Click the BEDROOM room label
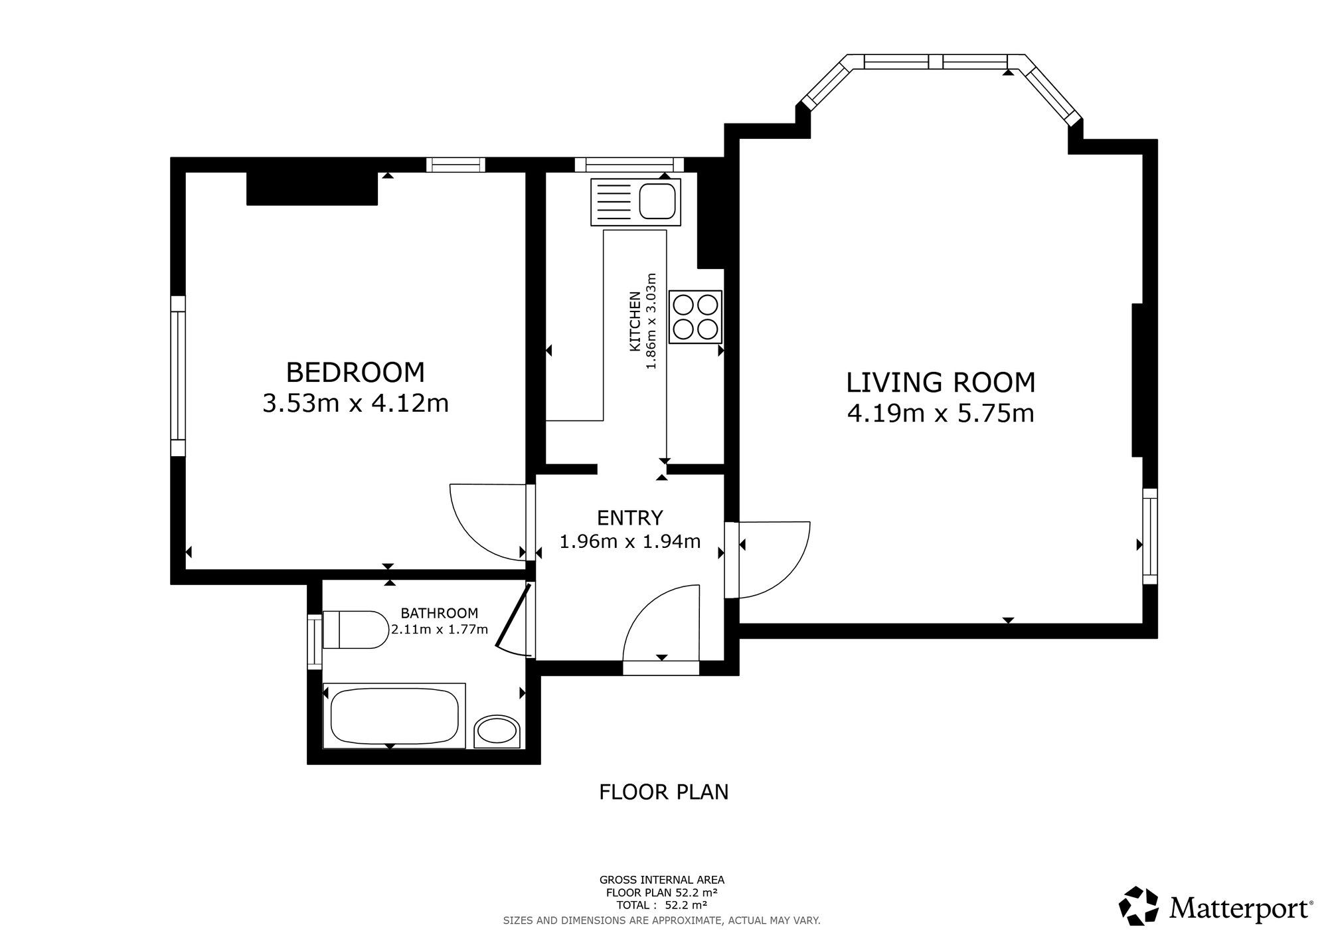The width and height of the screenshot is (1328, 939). [355, 373]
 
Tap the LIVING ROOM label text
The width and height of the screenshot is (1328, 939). [941, 383]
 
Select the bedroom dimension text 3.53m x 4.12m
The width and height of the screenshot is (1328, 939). [355, 403]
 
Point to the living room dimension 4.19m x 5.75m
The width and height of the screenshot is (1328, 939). [941, 414]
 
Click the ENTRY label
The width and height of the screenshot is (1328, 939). [629, 517]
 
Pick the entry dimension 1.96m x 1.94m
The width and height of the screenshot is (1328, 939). [629, 542]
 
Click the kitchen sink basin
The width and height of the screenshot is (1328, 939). [657, 201]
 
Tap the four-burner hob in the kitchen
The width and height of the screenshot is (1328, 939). [695, 317]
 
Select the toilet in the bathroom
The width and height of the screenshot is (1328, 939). [355, 630]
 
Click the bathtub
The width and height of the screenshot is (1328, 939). [394, 716]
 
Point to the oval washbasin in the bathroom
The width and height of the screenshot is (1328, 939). [497, 732]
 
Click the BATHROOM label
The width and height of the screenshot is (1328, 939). [439, 613]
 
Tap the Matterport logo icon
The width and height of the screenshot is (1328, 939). [1139, 906]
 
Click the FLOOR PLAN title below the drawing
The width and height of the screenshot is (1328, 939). [664, 792]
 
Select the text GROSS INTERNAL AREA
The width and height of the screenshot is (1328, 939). [662, 881]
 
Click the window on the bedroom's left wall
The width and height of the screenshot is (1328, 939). [178, 376]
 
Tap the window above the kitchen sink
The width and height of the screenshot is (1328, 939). [629, 165]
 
